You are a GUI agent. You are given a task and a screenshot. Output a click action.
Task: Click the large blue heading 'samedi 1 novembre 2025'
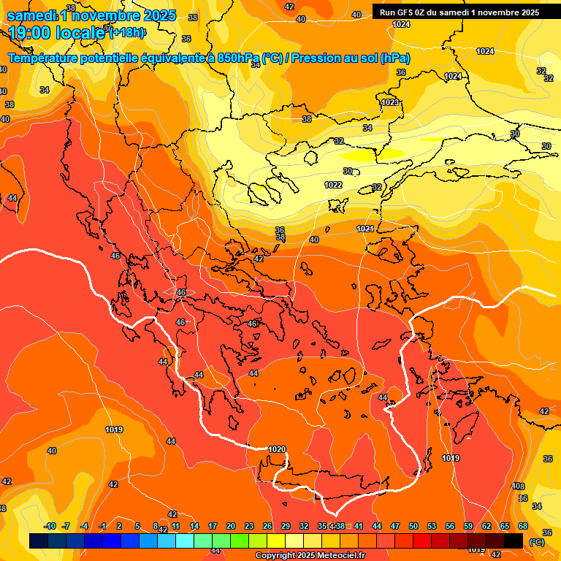coord(91,15)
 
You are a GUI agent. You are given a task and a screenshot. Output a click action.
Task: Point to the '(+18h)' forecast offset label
coord(127,32)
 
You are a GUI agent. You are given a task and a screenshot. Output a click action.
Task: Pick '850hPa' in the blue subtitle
coord(239,58)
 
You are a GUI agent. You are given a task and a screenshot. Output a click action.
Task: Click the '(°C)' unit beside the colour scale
coord(536,542)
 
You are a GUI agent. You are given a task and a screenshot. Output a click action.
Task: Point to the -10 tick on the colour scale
coord(50,526)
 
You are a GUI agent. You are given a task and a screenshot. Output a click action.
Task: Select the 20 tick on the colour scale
coord(231,526)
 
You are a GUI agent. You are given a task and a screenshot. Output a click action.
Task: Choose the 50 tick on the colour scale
coord(413,526)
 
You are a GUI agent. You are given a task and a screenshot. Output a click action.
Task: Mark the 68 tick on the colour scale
coord(523,526)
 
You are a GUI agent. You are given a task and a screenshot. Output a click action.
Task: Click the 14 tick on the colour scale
coord(194,526)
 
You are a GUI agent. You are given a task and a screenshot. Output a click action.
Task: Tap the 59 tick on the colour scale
coord(468,526)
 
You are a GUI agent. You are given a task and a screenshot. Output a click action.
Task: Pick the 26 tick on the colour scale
coord(267,526)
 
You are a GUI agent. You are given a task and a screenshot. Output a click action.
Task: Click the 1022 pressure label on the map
coord(334,185)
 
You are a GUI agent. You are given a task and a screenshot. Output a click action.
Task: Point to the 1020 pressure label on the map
coord(277,449)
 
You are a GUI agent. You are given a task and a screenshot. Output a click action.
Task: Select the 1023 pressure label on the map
coord(390,103)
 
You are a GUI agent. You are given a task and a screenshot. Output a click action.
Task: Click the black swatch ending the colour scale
coord(514,541)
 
